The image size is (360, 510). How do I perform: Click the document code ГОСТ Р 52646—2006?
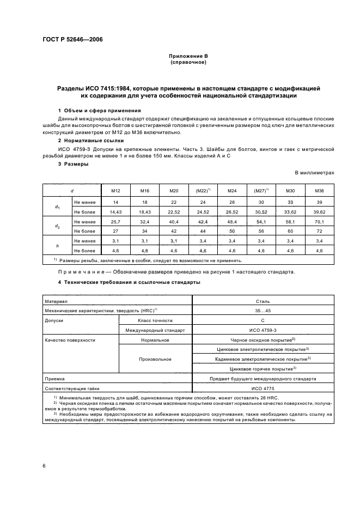click(72, 39)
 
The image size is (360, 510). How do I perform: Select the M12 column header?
click(115, 191)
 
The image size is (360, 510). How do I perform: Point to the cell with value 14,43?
click(115, 211)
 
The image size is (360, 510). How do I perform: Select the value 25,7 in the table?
click(115, 221)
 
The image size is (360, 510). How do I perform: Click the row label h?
click(57, 245)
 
